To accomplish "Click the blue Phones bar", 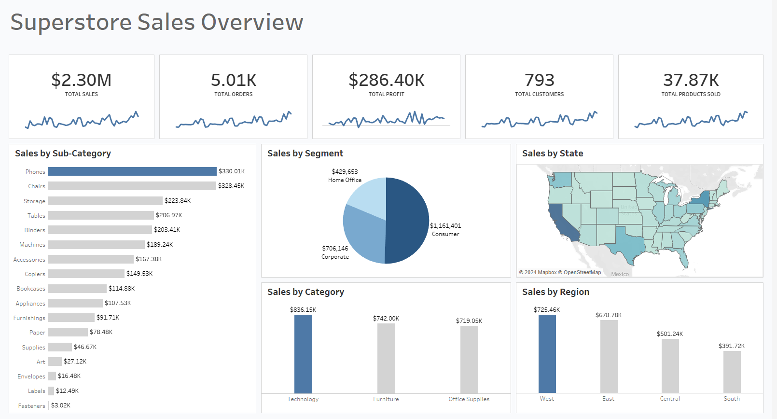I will point(132,171).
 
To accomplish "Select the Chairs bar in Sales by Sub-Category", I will point(132,186).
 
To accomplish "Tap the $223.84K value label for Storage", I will point(178,201).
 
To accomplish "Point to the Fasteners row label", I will point(31,406).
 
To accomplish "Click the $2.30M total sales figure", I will point(82,80).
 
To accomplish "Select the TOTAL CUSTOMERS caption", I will point(539,94).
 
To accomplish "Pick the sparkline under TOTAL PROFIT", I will point(386,119).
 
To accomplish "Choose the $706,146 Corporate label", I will point(335,252).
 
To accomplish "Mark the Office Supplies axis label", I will point(469,399).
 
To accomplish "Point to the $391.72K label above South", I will point(731,346).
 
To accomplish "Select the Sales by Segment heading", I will point(305,154).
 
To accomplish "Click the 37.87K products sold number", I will point(691,80).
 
